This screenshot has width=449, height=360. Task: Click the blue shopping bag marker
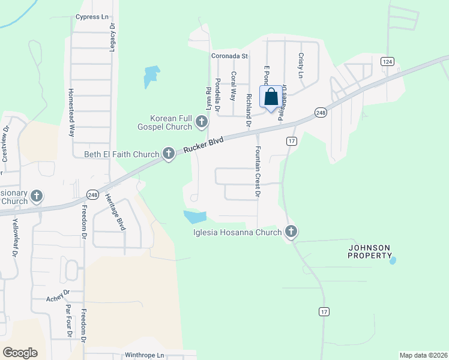tap(271, 97)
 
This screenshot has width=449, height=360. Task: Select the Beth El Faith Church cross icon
tap(169, 154)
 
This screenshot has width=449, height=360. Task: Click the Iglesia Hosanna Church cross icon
tap(291, 232)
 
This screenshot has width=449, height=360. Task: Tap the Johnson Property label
tap(370, 251)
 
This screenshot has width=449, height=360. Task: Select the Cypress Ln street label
tap(91, 17)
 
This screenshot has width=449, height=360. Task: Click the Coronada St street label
tap(229, 56)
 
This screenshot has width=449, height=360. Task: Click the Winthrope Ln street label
tap(144, 355)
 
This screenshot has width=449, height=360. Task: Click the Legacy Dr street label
tap(112, 38)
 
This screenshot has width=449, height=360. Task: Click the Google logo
tap(20, 353)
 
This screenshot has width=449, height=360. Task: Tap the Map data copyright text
tap(423, 355)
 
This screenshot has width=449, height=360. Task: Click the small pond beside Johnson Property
tap(393, 260)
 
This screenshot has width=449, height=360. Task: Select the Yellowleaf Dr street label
tap(14, 238)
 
